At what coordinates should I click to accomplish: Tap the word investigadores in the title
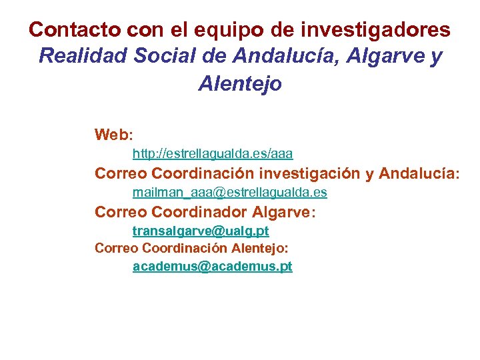377,30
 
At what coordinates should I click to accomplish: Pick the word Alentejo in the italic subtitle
240,84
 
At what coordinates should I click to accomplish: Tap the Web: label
114,135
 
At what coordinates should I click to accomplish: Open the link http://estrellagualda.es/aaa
213,154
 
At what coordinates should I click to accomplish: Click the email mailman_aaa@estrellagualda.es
230,193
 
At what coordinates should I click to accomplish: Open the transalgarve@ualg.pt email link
201,231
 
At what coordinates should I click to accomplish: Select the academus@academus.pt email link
213,267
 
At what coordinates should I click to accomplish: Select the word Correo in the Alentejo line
116,249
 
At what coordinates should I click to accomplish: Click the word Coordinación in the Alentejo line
185,249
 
